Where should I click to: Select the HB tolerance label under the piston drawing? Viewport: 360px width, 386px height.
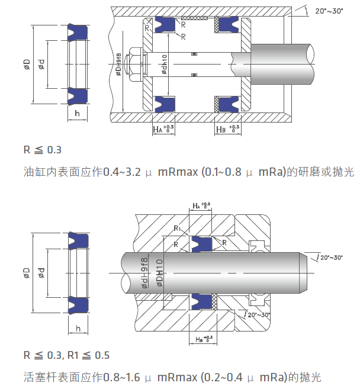coord(228,128)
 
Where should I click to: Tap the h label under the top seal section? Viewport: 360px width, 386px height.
coord(77,112)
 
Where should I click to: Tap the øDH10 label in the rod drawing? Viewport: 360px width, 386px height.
coord(159,273)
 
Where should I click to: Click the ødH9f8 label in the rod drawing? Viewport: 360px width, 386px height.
coord(144,273)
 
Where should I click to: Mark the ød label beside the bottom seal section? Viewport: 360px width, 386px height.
coord(41,273)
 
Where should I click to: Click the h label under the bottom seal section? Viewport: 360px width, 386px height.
coord(77,327)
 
